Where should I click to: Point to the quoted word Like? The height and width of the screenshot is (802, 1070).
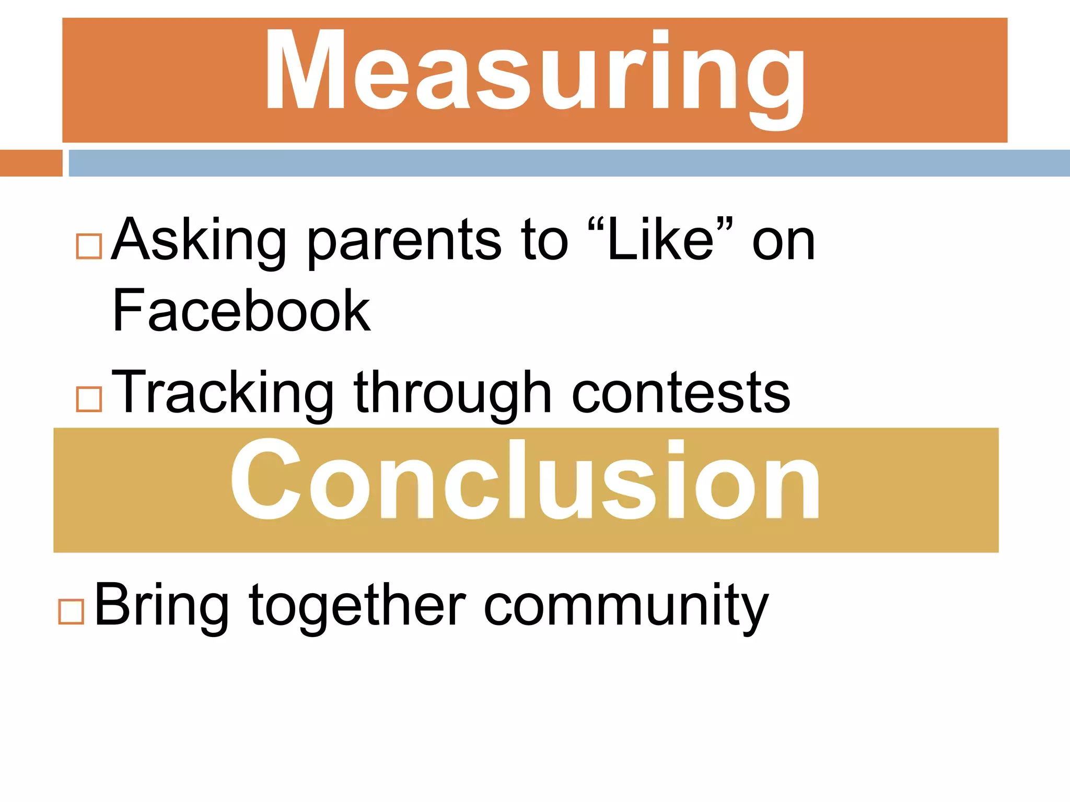click(x=660, y=240)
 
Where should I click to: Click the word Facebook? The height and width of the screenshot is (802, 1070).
click(x=241, y=311)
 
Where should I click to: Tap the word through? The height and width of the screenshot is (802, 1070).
click(x=452, y=394)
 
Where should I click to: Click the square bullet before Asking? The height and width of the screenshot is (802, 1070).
click(x=89, y=246)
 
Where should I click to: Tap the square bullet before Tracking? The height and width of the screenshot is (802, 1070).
click(x=89, y=399)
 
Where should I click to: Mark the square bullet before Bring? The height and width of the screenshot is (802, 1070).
click(x=72, y=611)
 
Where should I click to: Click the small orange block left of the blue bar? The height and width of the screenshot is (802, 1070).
click(x=31, y=163)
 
